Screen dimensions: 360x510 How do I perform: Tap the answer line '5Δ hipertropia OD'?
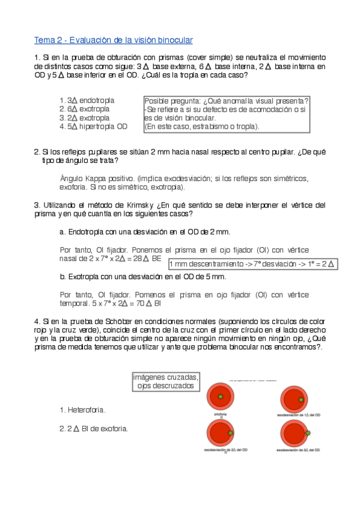[x=94, y=126]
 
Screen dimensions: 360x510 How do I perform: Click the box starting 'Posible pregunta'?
[x=227, y=114]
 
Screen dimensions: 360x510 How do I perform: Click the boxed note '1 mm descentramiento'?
[x=252, y=263]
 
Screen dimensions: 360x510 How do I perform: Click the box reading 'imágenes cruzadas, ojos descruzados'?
[x=166, y=381]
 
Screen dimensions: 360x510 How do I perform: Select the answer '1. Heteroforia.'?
[x=82, y=410]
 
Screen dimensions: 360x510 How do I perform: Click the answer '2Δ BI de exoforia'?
[x=93, y=428]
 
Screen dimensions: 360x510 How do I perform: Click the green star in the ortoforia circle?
[x=221, y=397]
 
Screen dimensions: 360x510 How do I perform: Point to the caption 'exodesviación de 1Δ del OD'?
[x=294, y=415]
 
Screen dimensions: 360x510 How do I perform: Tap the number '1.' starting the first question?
[x=37, y=57]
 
